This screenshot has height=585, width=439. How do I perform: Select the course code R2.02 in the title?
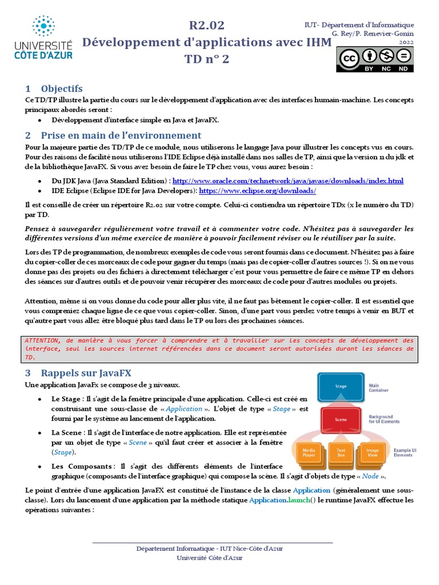tap(206, 26)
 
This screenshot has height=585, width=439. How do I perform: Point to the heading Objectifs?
tap(62, 89)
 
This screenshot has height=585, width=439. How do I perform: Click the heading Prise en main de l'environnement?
tap(121, 135)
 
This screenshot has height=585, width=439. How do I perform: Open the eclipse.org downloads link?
tap(257, 190)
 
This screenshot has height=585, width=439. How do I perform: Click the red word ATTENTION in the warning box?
tap(44, 340)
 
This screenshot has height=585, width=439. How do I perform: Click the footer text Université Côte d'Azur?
tap(209, 558)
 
